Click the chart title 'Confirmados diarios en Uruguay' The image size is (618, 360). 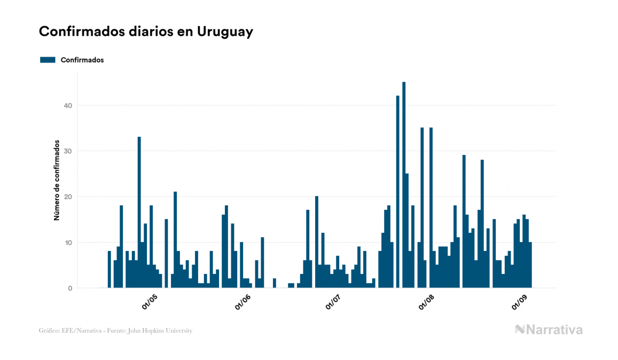pyautogui.click(x=146, y=32)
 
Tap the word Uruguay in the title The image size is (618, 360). pyautogui.click(x=225, y=32)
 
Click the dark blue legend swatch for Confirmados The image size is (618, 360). pyautogui.click(x=48, y=60)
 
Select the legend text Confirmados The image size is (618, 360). pyautogui.click(x=82, y=60)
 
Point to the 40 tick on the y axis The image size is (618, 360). pyautogui.click(x=67, y=105)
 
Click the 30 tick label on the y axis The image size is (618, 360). pyautogui.click(x=67, y=151)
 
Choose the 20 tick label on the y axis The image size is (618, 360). pyautogui.click(x=67, y=197)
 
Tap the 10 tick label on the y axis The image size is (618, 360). pyautogui.click(x=67, y=242)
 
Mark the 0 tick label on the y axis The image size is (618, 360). pyautogui.click(x=69, y=288)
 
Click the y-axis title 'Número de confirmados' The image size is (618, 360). pyautogui.click(x=56, y=181)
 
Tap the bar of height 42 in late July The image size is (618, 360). pyautogui.click(x=398, y=192)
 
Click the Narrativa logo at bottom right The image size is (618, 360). pyautogui.click(x=549, y=330)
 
